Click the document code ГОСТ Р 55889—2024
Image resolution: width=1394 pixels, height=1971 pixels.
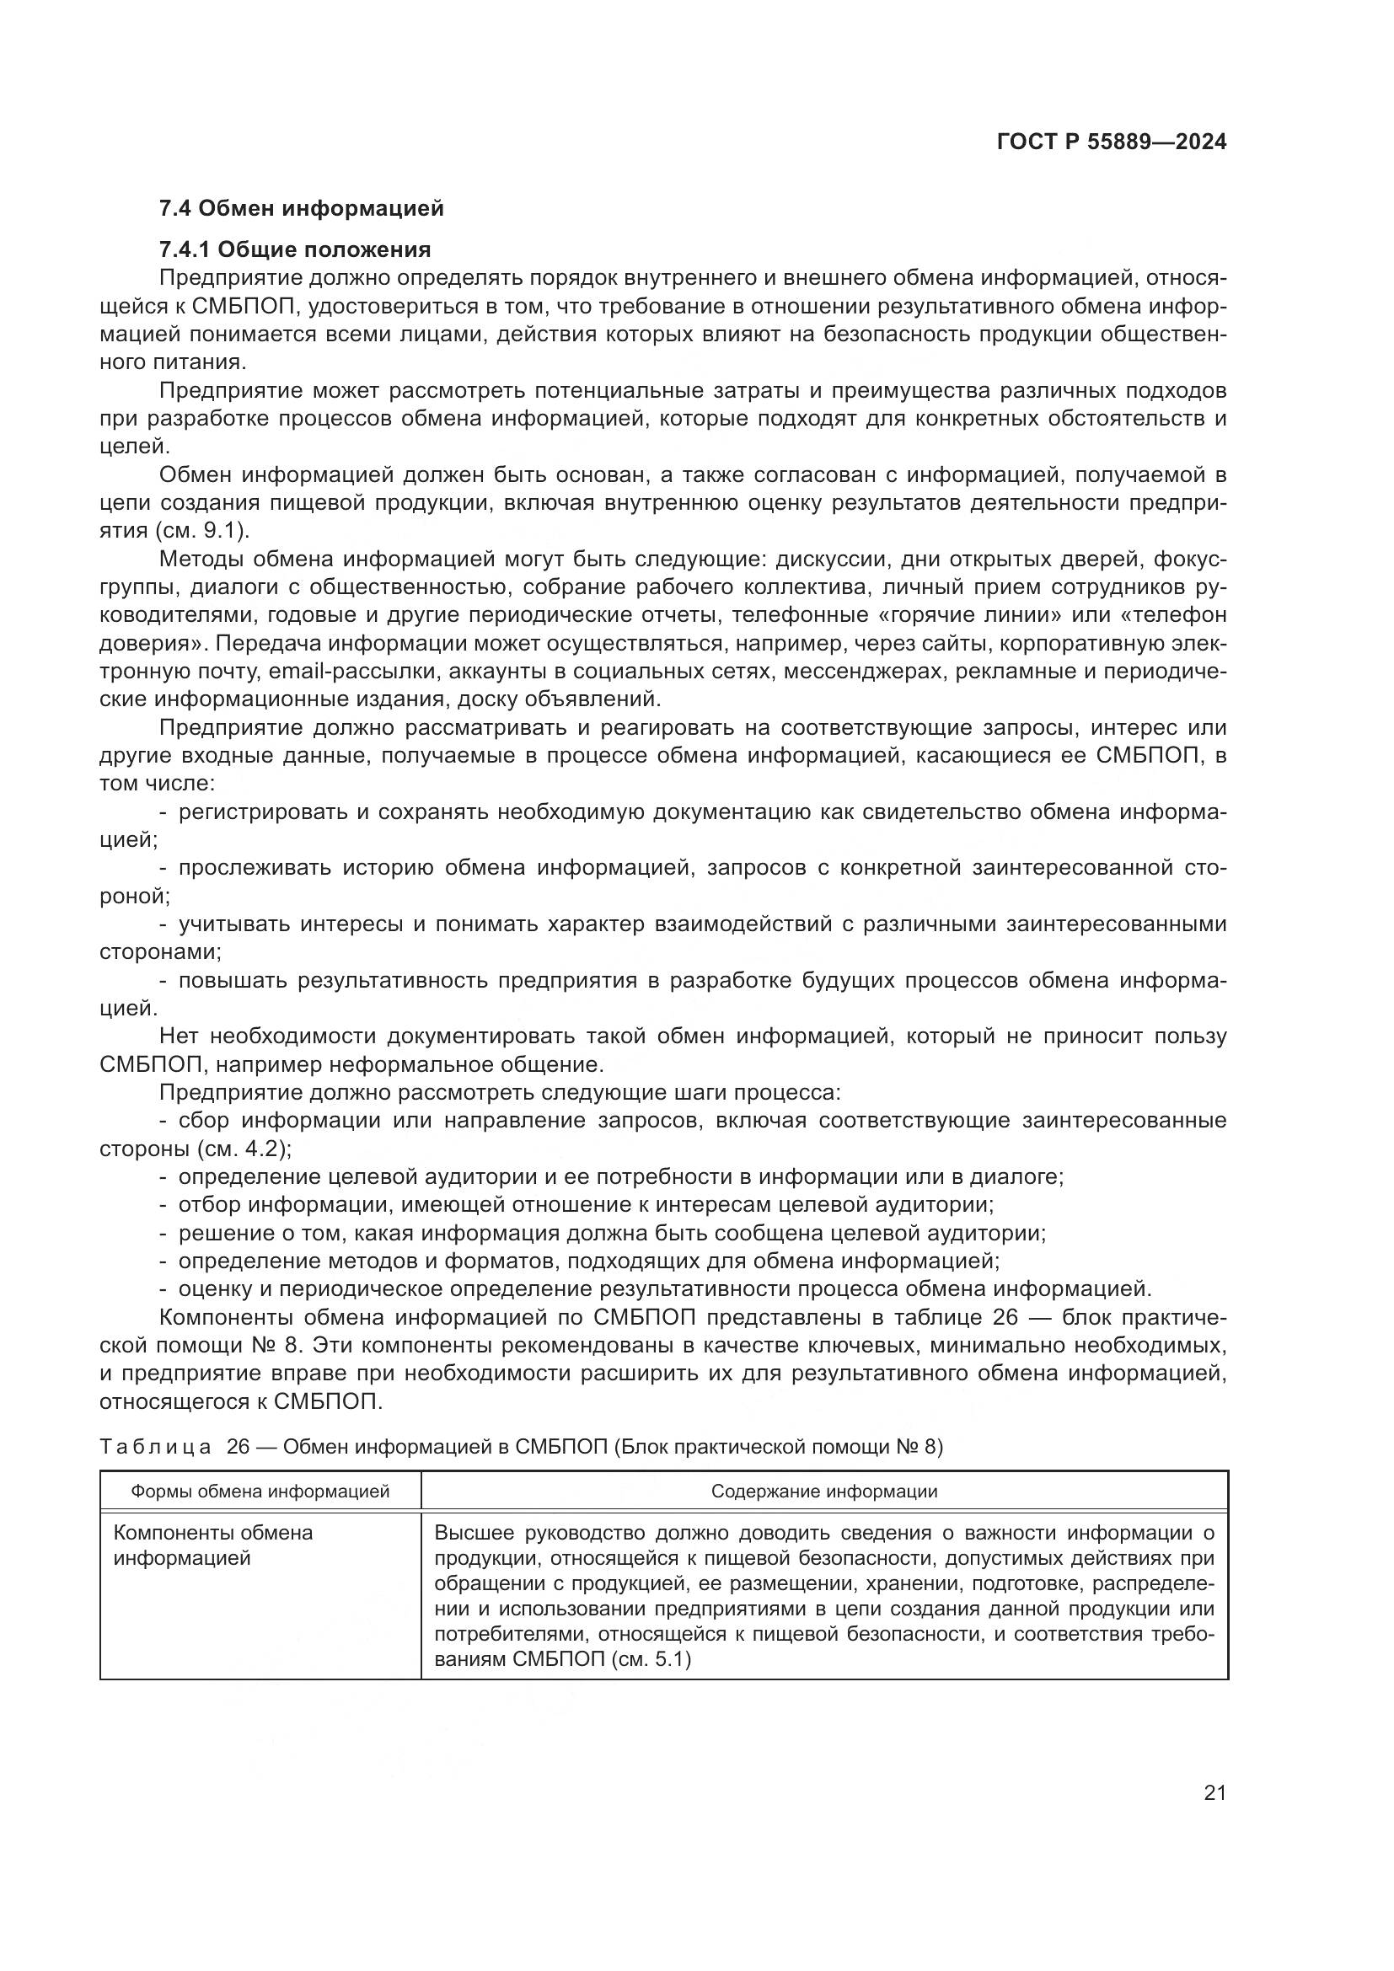(x=1111, y=142)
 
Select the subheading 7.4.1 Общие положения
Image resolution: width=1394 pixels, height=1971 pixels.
(x=294, y=249)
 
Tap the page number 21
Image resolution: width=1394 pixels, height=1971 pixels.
(x=1214, y=1792)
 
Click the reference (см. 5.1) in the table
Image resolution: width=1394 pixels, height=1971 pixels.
(x=651, y=1683)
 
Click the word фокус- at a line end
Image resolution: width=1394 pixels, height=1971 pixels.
(x=1190, y=559)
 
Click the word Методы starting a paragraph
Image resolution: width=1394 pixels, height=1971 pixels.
(x=200, y=559)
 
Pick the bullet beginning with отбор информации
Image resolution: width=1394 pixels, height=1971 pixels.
(x=584, y=1204)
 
